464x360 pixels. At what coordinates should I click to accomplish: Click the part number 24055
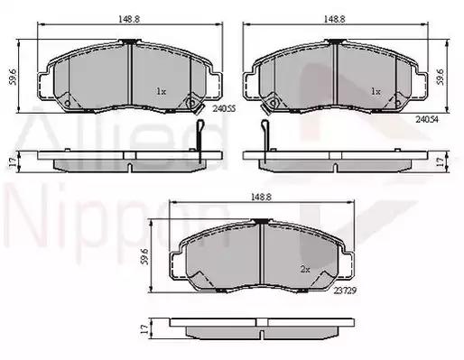click(224, 108)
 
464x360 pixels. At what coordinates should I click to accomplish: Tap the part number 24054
click(427, 119)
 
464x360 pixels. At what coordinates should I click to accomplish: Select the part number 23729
click(345, 291)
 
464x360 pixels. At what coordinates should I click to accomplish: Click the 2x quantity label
click(305, 270)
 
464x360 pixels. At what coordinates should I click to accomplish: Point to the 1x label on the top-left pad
click(161, 91)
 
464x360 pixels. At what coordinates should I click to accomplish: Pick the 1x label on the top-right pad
click(376, 91)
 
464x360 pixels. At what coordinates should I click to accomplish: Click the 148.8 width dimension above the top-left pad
click(129, 19)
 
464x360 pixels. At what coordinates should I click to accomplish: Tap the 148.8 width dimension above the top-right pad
click(334, 19)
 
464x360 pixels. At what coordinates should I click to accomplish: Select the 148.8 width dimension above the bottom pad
click(262, 197)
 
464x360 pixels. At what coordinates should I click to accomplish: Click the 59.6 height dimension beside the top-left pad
click(13, 77)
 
